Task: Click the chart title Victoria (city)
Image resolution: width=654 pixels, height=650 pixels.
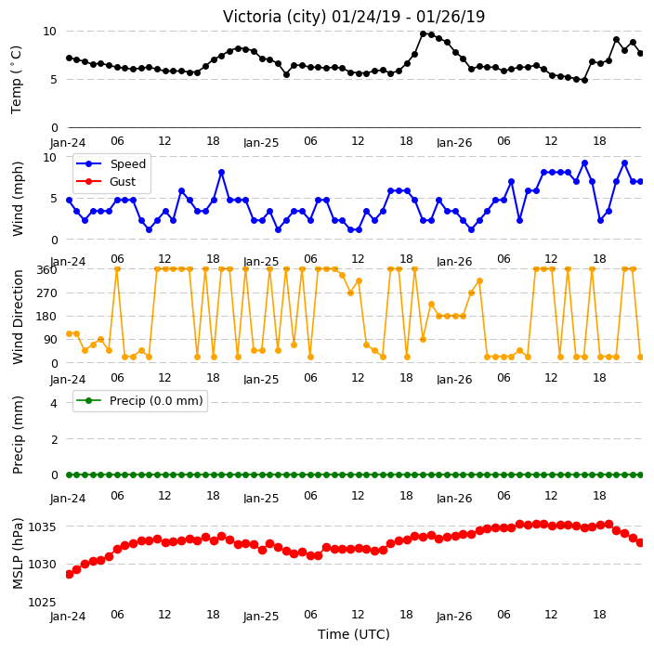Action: click(x=275, y=17)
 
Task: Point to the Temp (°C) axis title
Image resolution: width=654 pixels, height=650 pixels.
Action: click(x=16, y=79)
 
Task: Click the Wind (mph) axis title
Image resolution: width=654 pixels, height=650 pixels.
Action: click(x=18, y=199)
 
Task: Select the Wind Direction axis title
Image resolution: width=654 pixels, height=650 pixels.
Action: click(x=18, y=317)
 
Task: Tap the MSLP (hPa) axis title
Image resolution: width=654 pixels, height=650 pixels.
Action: click(x=18, y=552)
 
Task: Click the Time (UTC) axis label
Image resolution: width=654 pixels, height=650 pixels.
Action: click(x=354, y=634)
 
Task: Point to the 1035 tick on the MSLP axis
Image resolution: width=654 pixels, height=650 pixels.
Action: click(x=42, y=527)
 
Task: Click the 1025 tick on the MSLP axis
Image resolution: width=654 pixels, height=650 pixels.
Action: click(x=42, y=602)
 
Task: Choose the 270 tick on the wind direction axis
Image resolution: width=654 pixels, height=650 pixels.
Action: click(x=46, y=293)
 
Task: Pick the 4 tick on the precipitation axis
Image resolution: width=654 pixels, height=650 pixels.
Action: click(x=54, y=403)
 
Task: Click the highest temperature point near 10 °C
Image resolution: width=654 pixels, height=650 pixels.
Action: click(x=424, y=33)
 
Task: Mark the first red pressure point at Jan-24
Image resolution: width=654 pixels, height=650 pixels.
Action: click(x=70, y=574)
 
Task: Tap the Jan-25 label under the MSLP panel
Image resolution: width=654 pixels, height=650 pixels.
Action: click(x=261, y=617)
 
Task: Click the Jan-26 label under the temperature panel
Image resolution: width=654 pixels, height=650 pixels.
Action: click(x=454, y=143)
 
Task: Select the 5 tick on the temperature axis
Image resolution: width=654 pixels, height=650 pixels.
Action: click(x=54, y=79)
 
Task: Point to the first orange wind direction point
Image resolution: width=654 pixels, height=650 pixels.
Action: click(x=70, y=333)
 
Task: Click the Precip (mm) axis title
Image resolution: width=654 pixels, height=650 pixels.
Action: click(x=18, y=435)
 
